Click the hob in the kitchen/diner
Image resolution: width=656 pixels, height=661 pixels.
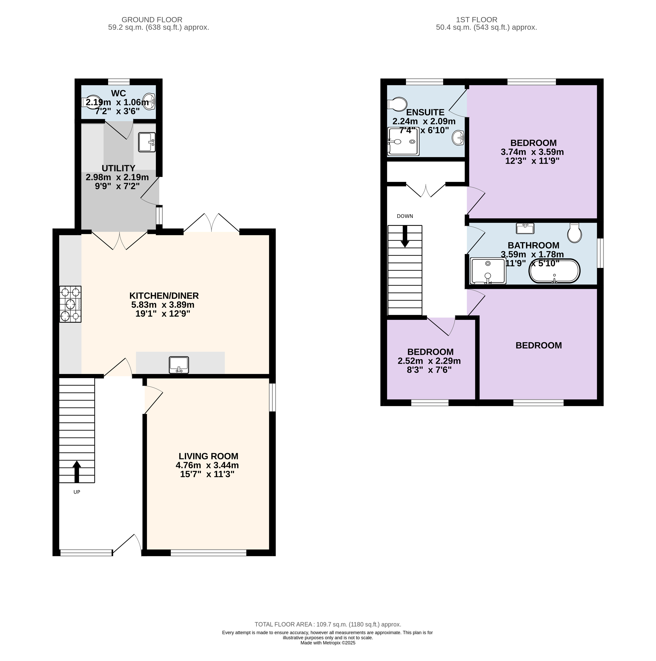pyautogui.click(x=70, y=304)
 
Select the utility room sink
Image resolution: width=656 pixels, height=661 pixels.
pyautogui.click(x=147, y=142)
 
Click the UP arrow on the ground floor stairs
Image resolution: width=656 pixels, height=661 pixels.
pyautogui.click(x=77, y=471)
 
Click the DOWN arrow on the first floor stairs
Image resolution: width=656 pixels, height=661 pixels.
pyautogui.click(x=405, y=236)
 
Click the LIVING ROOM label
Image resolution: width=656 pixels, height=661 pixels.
pyautogui.click(x=208, y=456)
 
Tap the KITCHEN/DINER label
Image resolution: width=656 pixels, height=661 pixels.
pyautogui.click(x=164, y=296)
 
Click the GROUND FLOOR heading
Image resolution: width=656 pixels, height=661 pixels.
pyautogui.click(x=152, y=20)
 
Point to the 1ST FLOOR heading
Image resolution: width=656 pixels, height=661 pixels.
pyautogui.click(x=477, y=20)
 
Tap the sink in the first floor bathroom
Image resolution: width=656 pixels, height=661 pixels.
pyautogui.click(x=525, y=228)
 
